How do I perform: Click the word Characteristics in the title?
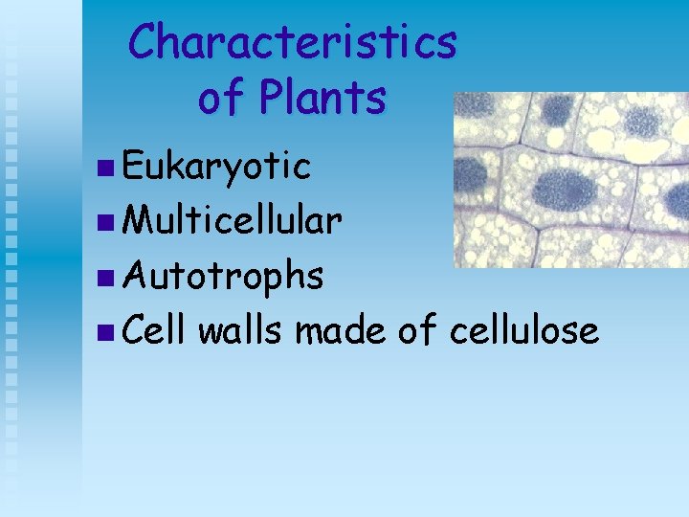293,43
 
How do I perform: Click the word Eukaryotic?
217,167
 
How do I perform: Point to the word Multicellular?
233,221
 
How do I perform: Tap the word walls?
242,330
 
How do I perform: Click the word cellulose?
523,330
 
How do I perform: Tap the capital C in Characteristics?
144,43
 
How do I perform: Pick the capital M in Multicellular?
140,221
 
